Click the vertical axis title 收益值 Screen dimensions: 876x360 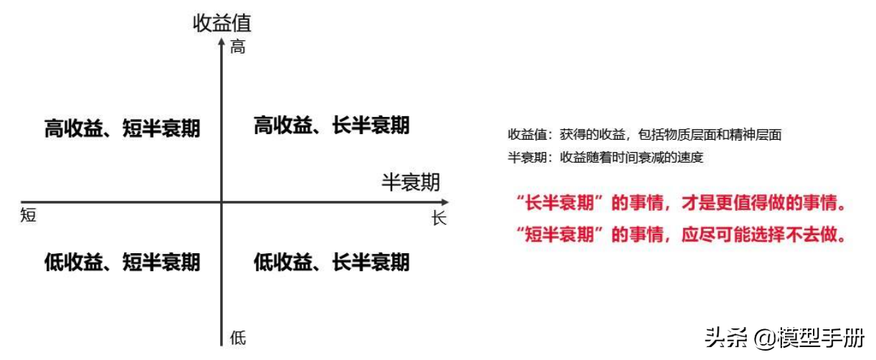[222, 23]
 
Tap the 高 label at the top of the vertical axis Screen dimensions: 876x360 [238, 47]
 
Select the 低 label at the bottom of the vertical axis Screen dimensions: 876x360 [238, 338]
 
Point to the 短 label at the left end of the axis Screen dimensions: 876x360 [28, 215]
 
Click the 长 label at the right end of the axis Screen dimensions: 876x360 [439, 218]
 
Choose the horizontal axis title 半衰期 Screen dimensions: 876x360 [411, 182]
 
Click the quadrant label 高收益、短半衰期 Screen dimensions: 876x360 [122, 128]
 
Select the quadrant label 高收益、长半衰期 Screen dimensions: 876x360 [332, 125]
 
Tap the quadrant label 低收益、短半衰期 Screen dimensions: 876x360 [122, 262]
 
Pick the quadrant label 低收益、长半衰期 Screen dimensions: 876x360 [332, 262]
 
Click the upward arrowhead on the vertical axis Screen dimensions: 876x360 [222, 42]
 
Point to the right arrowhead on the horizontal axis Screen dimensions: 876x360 [445, 202]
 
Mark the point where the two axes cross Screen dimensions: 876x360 [222, 202]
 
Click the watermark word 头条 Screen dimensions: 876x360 [726, 338]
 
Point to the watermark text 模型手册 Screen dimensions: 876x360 [821, 338]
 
